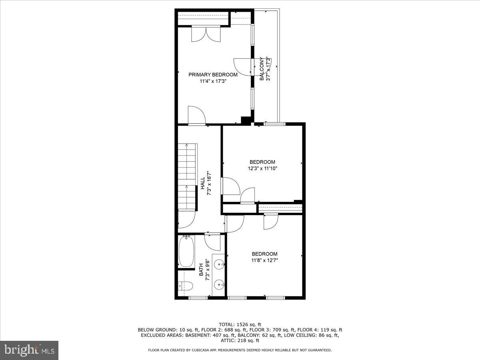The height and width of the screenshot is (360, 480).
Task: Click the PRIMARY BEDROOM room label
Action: pyautogui.click(x=213, y=74)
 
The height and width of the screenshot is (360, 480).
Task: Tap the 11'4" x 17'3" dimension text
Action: pyautogui.click(x=213, y=81)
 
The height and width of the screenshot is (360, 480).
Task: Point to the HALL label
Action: pyautogui.click(x=203, y=184)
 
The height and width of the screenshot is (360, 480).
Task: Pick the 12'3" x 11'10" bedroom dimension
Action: pyautogui.click(x=262, y=168)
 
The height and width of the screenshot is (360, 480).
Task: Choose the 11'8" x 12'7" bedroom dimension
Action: pyautogui.click(x=264, y=260)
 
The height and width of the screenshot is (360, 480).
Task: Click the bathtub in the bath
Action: pyautogui.click(x=186, y=252)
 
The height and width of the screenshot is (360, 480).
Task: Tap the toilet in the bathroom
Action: pyautogui.click(x=186, y=286)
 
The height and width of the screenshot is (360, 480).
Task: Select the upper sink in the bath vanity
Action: pyautogui.click(x=219, y=264)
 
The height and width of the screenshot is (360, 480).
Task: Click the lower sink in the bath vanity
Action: pyautogui.click(x=219, y=285)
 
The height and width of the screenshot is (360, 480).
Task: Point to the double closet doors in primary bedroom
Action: pyautogui.click(x=206, y=34)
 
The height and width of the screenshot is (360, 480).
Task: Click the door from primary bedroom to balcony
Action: pyautogui.click(x=242, y=66)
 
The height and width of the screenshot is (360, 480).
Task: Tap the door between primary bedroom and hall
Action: pyautogui.click(x=196, y=116)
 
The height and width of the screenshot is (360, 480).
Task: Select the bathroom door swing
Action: pyautogui.click(x=212, y=241)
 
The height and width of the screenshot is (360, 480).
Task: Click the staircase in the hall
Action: pyautogui.click(x=187, y=176)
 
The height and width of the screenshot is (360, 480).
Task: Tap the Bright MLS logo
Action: pyautogui.click(x=29, y=350)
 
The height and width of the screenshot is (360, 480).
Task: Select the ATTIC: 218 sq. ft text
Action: pyautogui.click(x=240, y=341)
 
